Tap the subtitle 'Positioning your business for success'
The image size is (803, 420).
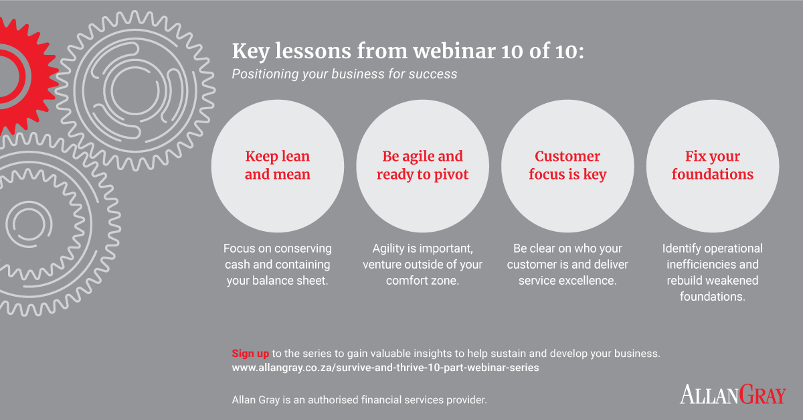[x=345, y=74]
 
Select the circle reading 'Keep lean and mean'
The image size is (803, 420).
[x=278, y=166]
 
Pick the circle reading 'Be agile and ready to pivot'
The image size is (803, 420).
[x=422, y=166]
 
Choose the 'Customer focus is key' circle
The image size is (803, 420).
[x=567, y=166]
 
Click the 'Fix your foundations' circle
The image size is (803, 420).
[x=713, y=166]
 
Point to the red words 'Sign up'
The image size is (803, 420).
[x=250, y=354]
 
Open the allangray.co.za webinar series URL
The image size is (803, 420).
[x=385, y=368]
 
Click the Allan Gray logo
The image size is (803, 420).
[x=733, y=394]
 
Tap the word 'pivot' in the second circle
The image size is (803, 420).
[x=451, y=175]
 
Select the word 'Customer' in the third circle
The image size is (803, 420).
[x=567, y=156]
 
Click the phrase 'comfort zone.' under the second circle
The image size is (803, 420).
[x=422, y=281]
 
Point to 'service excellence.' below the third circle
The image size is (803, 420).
[x=567, y=281]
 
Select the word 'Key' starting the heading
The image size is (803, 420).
[x=251, y=52]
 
